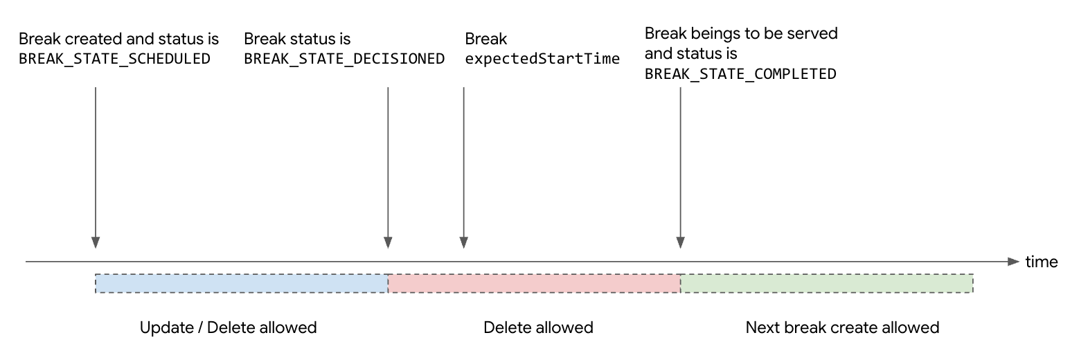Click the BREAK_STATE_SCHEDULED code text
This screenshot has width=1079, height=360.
pos(114,58)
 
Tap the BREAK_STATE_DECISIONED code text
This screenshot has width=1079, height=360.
pos(344,58)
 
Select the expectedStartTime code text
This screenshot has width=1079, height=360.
pos(542,58)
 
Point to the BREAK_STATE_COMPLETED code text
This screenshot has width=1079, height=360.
pos(740,74)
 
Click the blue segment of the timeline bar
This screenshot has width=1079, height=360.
pos(241,283)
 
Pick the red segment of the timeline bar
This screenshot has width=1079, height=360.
pos(534,283)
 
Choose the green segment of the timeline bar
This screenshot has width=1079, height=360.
pos(827,283)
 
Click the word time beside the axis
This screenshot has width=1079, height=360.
pos(1042,262)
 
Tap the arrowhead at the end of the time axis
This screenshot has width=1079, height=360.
pos(1015,262)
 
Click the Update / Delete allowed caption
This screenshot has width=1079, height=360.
pos(228,327)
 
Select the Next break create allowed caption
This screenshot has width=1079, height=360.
pos(842,327)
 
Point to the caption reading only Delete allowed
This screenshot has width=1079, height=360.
pos(538,327)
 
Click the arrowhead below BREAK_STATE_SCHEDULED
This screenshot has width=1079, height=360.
pos(95,242)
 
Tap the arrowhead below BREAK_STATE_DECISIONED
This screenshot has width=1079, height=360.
pos(388,242)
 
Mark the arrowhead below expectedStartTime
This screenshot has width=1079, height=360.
pos(463,242)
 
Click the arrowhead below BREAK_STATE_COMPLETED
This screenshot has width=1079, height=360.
pos(680,242)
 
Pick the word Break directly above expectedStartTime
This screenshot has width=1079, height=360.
pos(485,39)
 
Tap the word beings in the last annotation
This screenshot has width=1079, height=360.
pos(709,33)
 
